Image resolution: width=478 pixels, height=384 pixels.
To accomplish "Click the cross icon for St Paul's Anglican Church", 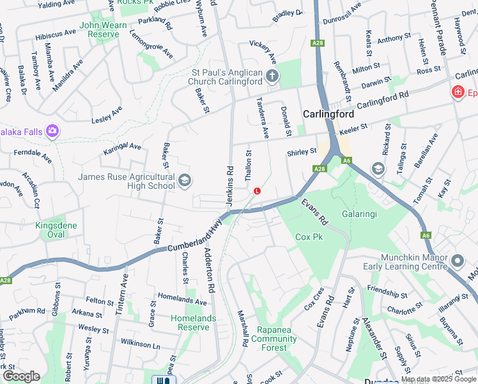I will point(272,77).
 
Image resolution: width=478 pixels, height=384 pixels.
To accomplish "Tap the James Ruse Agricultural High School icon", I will point(185,181).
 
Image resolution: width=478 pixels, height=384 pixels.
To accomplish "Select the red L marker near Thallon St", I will point(257,191).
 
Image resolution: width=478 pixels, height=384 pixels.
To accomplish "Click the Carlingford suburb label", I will point(328,115).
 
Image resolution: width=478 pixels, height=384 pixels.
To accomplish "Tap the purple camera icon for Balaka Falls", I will point(52,132).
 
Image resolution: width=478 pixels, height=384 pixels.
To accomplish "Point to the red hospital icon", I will point(458,93).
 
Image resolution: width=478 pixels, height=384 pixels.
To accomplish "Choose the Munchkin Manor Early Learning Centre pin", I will point(458,261).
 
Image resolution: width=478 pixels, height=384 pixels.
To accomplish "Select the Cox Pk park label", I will point(309,237).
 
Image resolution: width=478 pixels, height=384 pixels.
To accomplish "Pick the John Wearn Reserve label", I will point(99,29).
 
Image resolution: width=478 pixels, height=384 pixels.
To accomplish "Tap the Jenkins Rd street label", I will point(229,186).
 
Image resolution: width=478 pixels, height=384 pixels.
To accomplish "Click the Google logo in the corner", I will point(21,376).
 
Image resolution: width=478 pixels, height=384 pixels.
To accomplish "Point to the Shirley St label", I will point(302,152).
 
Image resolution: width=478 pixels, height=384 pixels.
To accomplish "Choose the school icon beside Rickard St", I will point(378,168).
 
